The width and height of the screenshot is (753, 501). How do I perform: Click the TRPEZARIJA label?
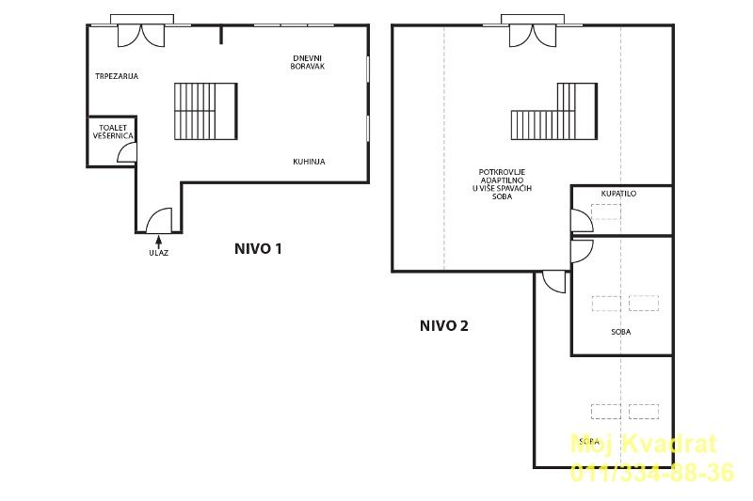117,76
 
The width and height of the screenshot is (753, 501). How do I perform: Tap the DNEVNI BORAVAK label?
308,62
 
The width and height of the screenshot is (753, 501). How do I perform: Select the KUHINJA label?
309,162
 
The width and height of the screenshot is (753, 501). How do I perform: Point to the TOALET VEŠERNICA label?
113,132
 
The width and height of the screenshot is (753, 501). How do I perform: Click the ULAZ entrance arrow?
158,241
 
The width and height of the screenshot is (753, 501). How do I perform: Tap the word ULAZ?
158,253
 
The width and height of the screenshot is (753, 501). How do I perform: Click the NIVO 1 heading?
258,249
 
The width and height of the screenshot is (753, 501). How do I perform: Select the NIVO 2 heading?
443,326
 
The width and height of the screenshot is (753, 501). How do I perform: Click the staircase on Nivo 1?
205,111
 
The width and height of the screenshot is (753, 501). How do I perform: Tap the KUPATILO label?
618,194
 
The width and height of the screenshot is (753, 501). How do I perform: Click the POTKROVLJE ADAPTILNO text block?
502,184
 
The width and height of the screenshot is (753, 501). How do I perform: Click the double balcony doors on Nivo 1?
141,36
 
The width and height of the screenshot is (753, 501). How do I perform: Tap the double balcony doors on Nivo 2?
533,36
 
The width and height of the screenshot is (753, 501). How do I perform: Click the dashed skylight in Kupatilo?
606,211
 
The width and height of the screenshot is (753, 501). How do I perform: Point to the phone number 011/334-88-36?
652,472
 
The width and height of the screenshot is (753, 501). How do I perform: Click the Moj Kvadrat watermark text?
644,444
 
